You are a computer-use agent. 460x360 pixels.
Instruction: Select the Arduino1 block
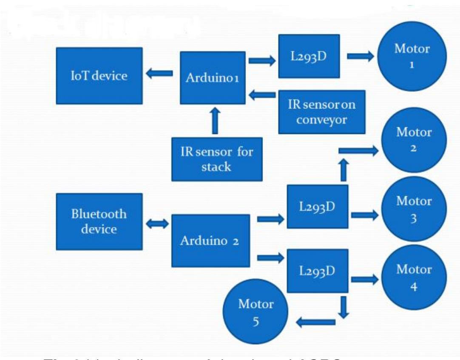point(212,78)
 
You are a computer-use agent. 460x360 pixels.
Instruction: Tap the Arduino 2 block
point(210,240)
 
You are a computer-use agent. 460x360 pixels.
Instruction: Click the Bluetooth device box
point(99,221)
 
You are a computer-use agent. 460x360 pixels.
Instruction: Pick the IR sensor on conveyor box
point(322,111)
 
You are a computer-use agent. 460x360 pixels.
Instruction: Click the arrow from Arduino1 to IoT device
point(160,74)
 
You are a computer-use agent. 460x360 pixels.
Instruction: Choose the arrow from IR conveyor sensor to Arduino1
point(262,96)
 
